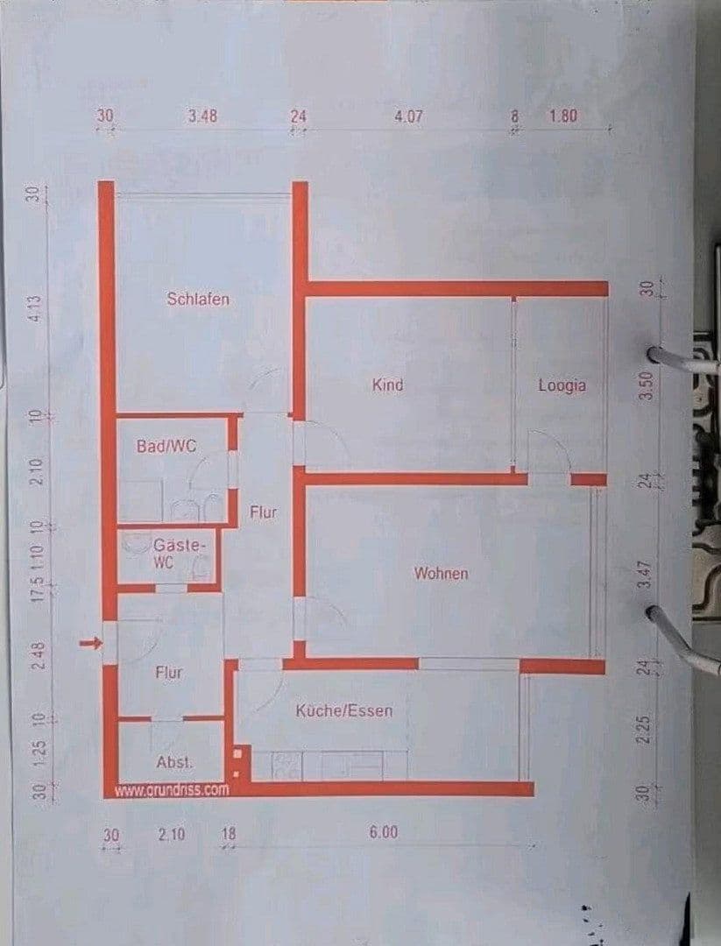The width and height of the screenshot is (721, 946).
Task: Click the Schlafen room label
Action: tap(198, 299)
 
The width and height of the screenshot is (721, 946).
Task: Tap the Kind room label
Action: tap(387, 385)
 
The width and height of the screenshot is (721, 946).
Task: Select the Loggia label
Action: tap(562, 385)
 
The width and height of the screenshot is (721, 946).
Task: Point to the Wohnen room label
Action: tap(441, 574)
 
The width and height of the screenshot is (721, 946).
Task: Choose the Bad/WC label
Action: tap(166, 446)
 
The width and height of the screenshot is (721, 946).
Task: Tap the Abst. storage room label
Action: tap(174, 762)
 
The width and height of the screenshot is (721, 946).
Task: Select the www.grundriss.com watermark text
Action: tap(172, 789)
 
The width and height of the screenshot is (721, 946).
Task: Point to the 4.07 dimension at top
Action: tap(408, 116)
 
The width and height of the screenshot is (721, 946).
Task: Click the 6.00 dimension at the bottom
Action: tap(383, 832)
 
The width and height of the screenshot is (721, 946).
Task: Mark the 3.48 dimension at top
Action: tap(201, 116)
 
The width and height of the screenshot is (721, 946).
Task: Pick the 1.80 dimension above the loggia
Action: tap(562, 116)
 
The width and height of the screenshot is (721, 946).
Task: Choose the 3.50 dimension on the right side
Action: tap(647, 385)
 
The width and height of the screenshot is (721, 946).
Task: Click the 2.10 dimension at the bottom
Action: tap(172, 835)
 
